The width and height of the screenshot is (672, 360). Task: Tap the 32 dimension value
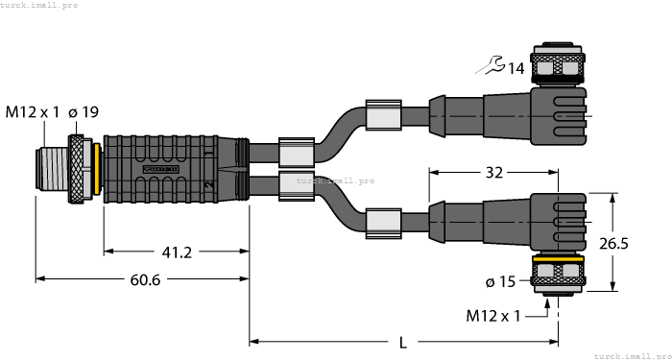click(x=496, y=174)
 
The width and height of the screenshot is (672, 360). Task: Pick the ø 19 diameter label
click(x=84, y=113)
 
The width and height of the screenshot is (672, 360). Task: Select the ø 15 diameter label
click(x=503, y=281)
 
